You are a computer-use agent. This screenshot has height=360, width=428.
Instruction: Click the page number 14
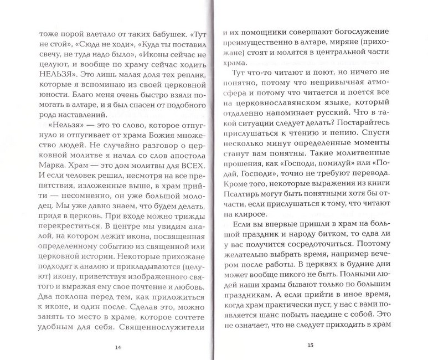coord(117,347)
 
